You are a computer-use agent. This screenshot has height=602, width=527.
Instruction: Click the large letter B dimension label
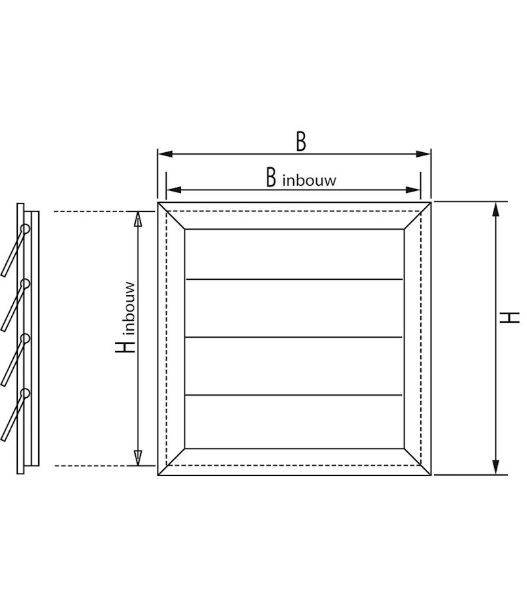[300, 141]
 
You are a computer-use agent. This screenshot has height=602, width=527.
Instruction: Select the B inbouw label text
[300, 178]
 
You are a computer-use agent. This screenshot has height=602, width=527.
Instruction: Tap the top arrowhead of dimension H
[495, 209]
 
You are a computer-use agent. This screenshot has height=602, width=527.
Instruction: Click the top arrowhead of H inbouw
[138, 219]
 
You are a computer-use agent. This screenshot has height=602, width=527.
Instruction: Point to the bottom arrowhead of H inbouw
[138, 458]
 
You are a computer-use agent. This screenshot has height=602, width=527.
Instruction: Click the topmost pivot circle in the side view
[25, 229]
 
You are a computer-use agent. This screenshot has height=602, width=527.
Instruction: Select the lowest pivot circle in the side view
[25, 394]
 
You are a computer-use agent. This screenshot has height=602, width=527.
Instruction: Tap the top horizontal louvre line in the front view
[294, 279]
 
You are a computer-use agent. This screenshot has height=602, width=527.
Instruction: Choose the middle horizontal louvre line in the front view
[294, 337]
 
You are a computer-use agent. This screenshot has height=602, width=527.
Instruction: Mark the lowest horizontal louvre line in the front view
[294, 395]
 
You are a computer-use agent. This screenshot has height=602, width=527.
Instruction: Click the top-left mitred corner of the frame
[171, 215]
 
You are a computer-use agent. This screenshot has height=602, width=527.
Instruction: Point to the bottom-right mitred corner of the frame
[418, 462]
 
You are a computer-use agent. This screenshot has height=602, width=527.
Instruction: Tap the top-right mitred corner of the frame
[418, 215]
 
